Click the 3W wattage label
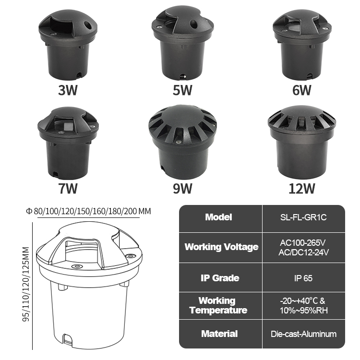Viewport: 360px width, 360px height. point(68,90)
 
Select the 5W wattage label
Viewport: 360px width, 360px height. point(182,90)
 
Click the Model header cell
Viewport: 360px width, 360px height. point(218,217)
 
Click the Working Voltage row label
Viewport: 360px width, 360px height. point(221,247)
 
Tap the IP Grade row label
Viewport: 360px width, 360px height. point(219,278)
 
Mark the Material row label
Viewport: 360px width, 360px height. point(219,334)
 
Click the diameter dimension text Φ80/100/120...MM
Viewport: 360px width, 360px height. point(89,212)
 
